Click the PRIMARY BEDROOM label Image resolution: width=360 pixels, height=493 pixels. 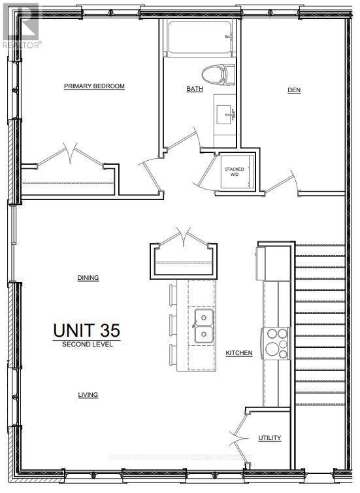(x=94, y=86)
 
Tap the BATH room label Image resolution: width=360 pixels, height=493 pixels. (x=195, y=90)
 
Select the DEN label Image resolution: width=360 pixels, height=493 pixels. (x=294, y=90)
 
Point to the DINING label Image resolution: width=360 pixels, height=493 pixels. (x=88, y=278)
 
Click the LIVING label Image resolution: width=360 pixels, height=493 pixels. (x=88, y=395)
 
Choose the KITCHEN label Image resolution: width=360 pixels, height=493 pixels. (x=239, y=353)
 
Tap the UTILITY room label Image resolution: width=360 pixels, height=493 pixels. (x=270, y=438)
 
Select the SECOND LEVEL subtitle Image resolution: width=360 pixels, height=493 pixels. (x=88, y=344)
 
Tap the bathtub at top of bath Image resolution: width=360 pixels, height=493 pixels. (x=199, y=39)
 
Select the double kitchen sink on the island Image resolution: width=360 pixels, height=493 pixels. (x=203, y=326)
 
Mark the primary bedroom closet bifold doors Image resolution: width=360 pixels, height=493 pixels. (x=69, y=158)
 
